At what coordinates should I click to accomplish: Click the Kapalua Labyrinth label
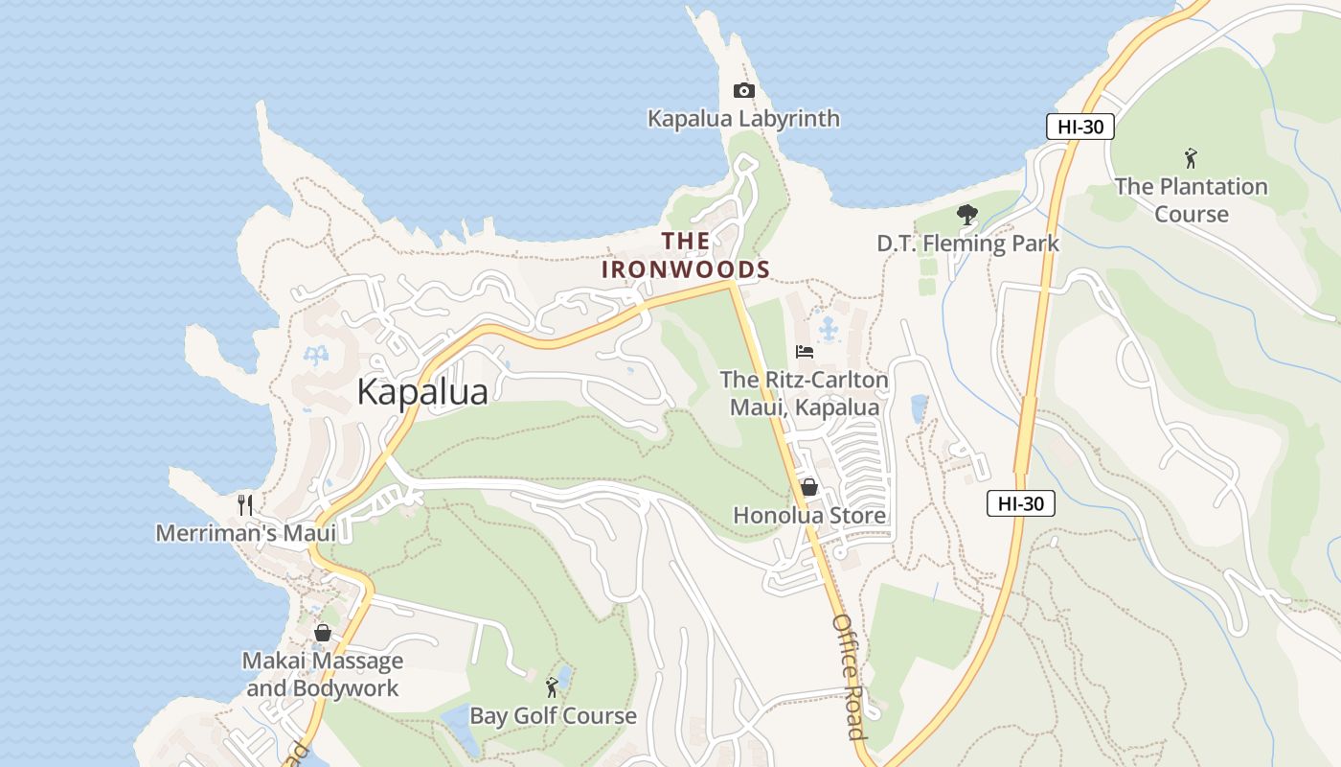tap(743, 119)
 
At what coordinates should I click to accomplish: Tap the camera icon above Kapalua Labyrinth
tap(743, 91)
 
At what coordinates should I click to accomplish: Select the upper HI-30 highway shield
tap(1079, 127)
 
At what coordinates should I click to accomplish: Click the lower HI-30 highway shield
tap(1020, 503)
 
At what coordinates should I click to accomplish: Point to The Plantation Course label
tap(1191, 199)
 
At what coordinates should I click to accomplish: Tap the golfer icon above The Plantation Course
tap(1191, 158)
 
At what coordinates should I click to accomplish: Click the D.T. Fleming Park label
tap(967, 244)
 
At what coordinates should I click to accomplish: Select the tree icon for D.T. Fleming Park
tap(967, 215)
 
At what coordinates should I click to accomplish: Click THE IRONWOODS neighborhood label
tap(686, 255)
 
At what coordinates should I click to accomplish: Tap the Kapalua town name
tap(422, 392)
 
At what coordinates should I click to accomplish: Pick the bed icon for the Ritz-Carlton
tap(805, 352)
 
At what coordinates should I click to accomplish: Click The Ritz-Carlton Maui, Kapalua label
tap(805, 393)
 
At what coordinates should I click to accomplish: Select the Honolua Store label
tap(809, 516)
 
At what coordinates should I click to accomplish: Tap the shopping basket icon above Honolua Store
tap(809, 487)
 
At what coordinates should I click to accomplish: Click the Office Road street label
tap(849, 677)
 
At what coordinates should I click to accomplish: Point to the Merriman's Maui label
tap(245, 533)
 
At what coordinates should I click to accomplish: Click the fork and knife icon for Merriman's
tap(245, 504)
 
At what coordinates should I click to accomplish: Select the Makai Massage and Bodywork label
tap(323, 674)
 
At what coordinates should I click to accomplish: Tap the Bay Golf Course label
tap(553, 716)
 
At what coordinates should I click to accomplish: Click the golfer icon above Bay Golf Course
tap(552, 686)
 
